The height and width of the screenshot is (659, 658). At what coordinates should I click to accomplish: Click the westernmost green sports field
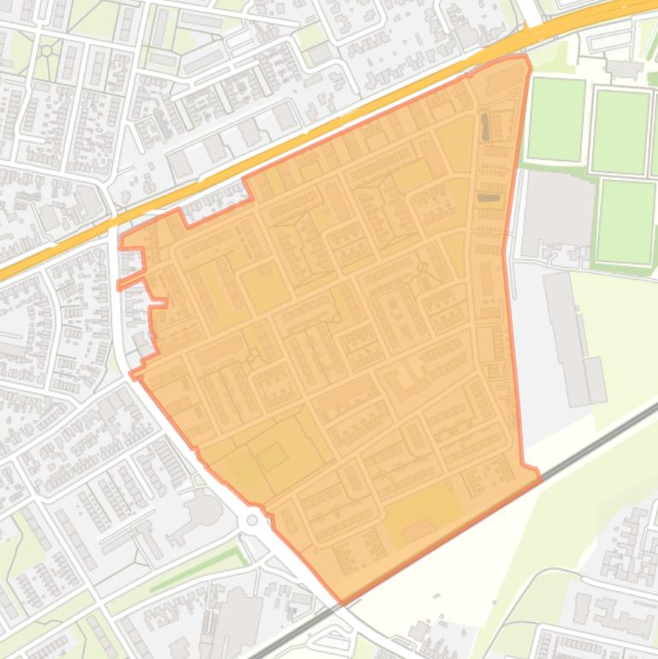556,119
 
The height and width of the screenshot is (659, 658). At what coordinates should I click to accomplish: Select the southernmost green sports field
625,221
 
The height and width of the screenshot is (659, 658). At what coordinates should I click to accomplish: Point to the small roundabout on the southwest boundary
252,520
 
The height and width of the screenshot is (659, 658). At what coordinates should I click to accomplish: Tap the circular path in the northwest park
46,51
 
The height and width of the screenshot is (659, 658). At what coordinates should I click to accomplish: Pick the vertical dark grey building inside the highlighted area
485,127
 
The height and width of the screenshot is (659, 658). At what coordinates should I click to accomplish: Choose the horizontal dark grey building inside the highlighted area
489,198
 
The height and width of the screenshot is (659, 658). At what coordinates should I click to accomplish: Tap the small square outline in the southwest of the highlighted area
272,456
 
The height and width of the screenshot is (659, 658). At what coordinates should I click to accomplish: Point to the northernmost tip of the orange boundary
524,57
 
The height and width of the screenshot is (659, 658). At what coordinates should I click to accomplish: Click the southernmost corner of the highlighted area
341,603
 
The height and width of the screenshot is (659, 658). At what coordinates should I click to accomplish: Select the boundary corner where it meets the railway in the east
539,476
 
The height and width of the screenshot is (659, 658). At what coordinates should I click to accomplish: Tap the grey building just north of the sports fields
624,68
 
